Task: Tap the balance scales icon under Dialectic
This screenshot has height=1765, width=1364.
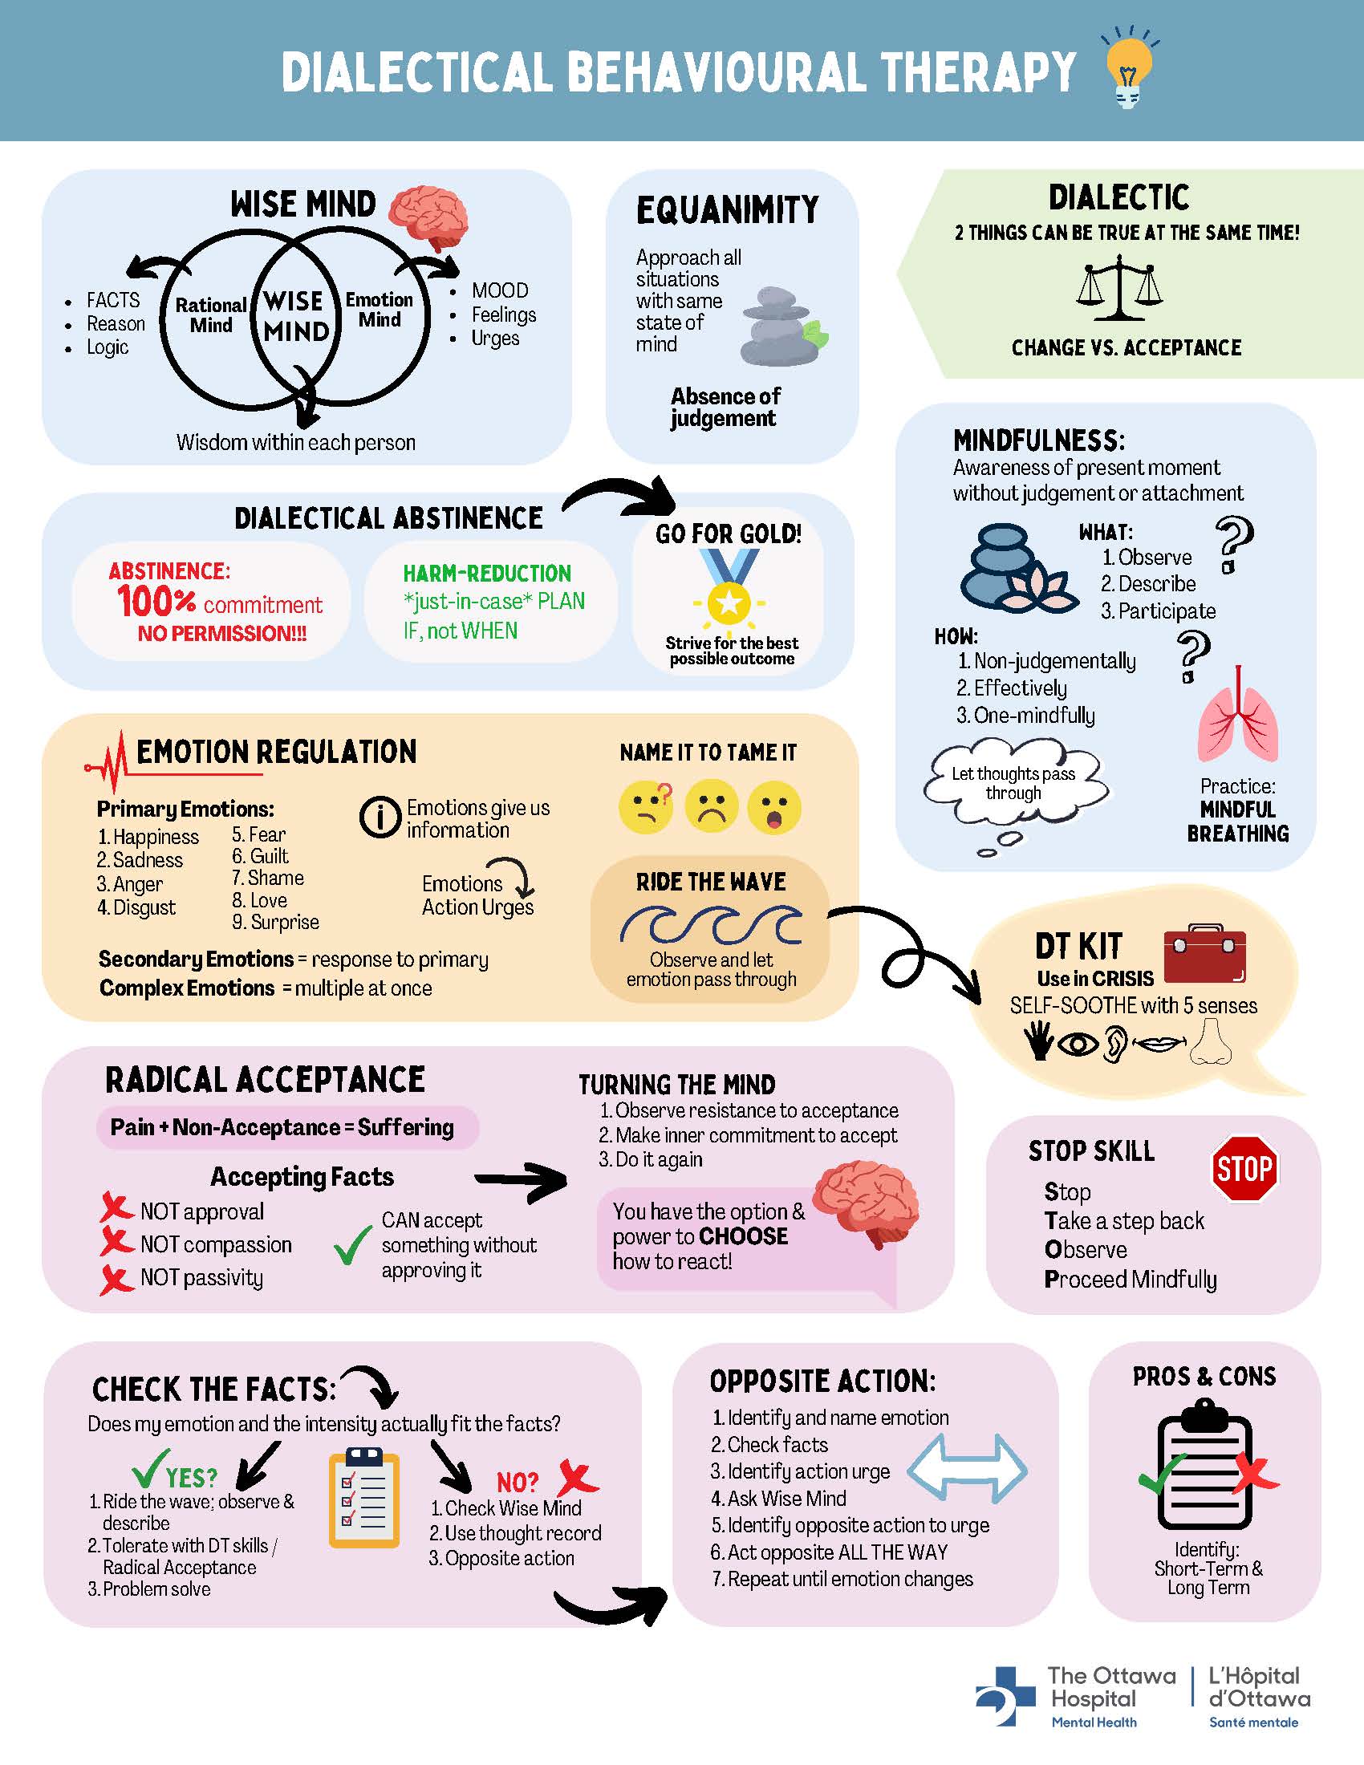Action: [1119, 289]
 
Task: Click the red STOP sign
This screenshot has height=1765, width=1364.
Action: [1245, 1169]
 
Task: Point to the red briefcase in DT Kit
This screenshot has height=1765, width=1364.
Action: [1205, 956]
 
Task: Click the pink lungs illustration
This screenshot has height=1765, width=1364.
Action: [1238, 714]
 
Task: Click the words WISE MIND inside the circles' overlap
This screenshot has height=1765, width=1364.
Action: [296, 316]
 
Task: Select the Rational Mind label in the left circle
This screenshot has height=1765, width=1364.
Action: [211, 315]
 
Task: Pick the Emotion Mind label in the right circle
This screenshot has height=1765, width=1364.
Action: [379, 310]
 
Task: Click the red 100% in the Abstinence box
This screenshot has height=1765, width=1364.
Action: [156, 601]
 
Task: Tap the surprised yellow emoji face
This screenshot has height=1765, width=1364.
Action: [774, 806]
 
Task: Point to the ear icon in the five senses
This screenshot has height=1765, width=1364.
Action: [1114, 1043]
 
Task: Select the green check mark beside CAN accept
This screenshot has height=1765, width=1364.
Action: [352, 1247]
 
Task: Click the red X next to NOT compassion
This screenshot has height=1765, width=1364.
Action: [116, 1242]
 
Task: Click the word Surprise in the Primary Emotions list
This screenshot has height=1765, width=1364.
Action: [285, 922]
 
